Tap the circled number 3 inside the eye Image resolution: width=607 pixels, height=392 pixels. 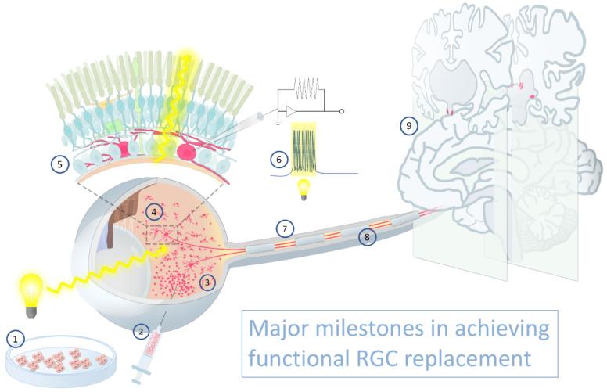[207, 282]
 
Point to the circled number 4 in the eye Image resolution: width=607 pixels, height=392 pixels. [156, 211]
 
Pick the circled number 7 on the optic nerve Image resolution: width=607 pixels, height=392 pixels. [286, 229]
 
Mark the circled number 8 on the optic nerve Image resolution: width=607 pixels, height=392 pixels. [366, 236]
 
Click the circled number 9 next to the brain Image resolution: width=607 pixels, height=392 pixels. [405, 125]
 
